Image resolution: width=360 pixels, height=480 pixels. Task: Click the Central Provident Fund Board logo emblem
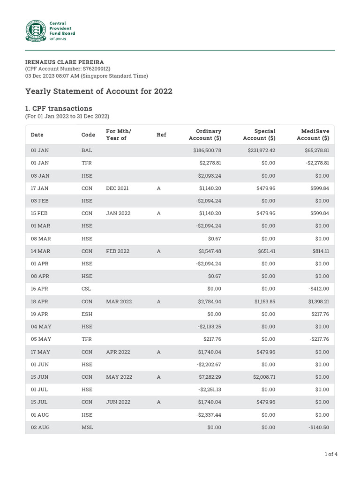tap(36, 30)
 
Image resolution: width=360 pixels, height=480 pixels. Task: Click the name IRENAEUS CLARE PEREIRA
tap(64, 62)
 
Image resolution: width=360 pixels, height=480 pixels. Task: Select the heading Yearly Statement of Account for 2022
tap(98, 91)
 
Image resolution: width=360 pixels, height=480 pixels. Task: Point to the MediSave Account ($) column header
tap(313, 135)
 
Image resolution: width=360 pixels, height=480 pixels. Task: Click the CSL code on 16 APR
tap(87, 289)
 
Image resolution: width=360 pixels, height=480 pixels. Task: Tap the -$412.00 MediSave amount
tap(319, 289)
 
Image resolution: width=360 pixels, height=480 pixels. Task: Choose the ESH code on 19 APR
tap(87, 314)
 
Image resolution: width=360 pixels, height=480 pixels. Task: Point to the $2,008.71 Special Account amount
tap(264, 377)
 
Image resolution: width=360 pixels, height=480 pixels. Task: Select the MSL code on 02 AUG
tap(87, 427)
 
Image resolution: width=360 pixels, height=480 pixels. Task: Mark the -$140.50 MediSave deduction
tap(319, 427)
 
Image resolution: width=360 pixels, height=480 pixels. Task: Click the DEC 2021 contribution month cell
tap(117, 188)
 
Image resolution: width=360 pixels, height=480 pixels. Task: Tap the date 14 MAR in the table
tap(40, 251)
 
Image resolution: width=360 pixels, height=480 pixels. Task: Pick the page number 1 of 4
tap(331, 454)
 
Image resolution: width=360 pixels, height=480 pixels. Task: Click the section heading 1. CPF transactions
tap(59, 108)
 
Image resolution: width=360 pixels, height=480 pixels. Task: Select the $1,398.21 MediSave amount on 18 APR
tap(317, 301)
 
